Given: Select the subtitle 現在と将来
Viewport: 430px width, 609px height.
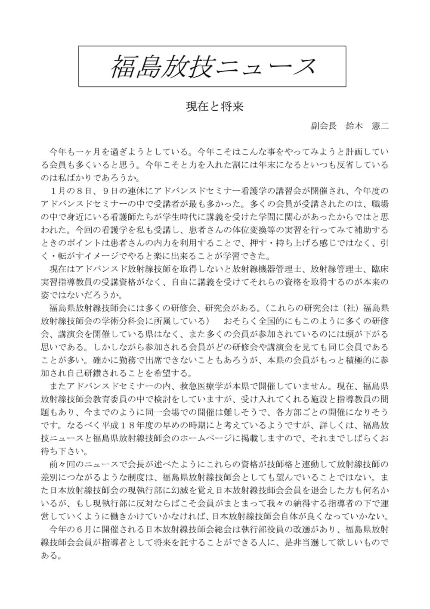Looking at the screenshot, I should [214, 106].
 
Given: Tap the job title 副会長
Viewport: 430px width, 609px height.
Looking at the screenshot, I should [323, 126].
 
